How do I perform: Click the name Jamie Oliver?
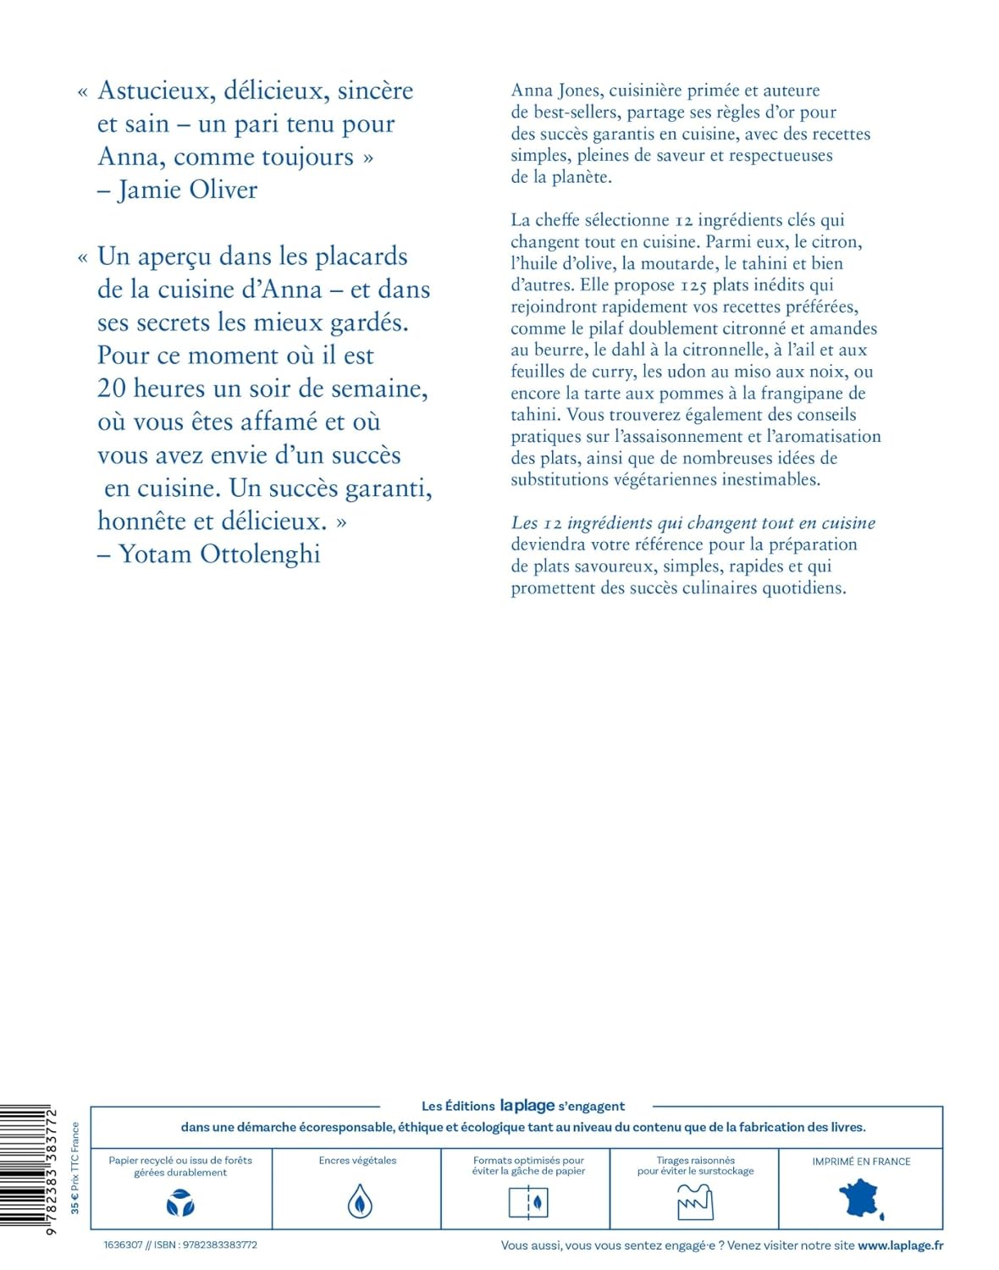(x=187, y=190)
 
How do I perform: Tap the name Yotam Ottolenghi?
(x=219, y=554)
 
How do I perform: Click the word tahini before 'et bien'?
(x=764, y=263)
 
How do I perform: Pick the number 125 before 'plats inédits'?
(x=693, y=285)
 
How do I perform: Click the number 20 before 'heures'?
(x=112, y=389)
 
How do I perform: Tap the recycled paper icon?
(x=180, y=1202)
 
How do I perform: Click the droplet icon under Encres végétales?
(x=360, y=1202)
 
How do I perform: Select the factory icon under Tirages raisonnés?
(x=695, y=1202)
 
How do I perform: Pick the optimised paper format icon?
(x=528, y=1202)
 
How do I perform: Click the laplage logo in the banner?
(x=527, y=1106)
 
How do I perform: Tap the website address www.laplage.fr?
(x=900, y=1245)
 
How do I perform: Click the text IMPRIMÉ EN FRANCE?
(x=861, y=1162)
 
